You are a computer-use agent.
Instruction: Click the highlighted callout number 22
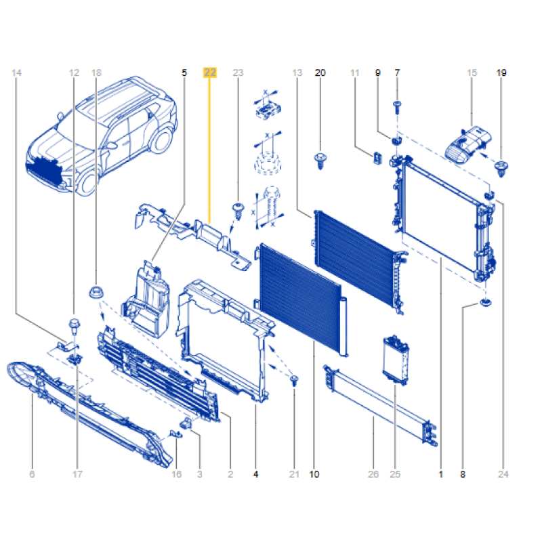(x=210, y=72)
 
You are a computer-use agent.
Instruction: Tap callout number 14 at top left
(x=16, y=72)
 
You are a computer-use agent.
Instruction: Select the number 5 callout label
(x=184, y=72)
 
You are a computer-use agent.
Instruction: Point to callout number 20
(x=320, y=72)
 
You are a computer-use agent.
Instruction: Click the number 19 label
(x=501, y=72)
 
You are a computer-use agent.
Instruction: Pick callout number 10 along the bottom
(x=314, y=474)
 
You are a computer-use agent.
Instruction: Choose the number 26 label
(x=373, y=474)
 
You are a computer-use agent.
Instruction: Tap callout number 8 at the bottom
(x=463, y=474)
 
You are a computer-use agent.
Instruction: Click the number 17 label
(x=77, y=474)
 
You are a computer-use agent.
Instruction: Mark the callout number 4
(x=256, y=474)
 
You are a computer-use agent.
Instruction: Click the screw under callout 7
(x=397, y=107)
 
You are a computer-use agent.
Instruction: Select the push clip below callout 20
(x=320, y=161)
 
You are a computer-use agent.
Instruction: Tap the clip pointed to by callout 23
(x=238, y=211)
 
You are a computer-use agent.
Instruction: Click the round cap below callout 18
(x=96, y=292)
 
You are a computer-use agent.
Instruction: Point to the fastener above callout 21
(x=294, y=381)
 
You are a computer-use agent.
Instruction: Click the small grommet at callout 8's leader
(x=486, y=303)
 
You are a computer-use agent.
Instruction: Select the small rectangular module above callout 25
(x=396, y=360)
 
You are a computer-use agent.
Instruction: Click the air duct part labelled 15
(x=468, y=144)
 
